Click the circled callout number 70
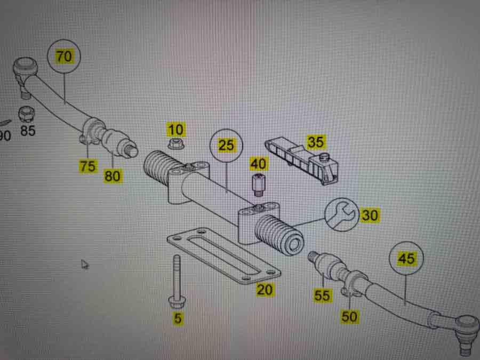pyautogui.click(x=65, y=57)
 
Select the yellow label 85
pyautogui.click(x=27, y=130)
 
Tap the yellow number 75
pyautogui.click(x=88, y=166)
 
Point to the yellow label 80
pyautogui.click(x=113, y=175)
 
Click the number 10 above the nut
pyautogui.click(x=175, y=129)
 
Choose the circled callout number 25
pyautogui.click(x=227, y=146)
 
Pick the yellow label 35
pyautogui.click(x=316, y=142)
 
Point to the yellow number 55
pyautogui.click(x=322, y=295)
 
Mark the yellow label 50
pyautogui.click(x=350, y=316)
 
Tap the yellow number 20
pyautogui.click(x=265, y=290)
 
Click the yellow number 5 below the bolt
pyautogui.click(x=178, y=319)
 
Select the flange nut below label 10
pyautogui.click(x=175, y=143)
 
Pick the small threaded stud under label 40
pyautogui.click(x=259, y=183)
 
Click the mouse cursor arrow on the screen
pyautogui.click(x=84, y=264)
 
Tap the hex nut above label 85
pyautogui.click(x=25, y=114)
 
